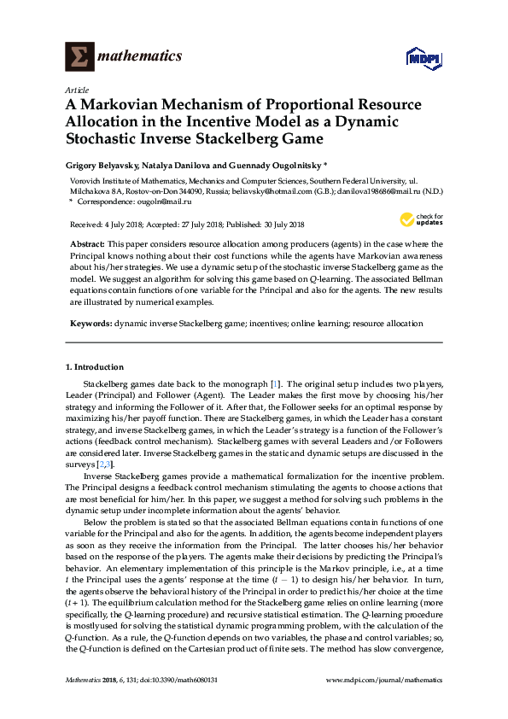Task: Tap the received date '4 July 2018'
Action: tap(122, 225)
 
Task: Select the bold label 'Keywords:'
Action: tap(89, 324)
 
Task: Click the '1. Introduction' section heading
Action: tap(95, 366)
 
